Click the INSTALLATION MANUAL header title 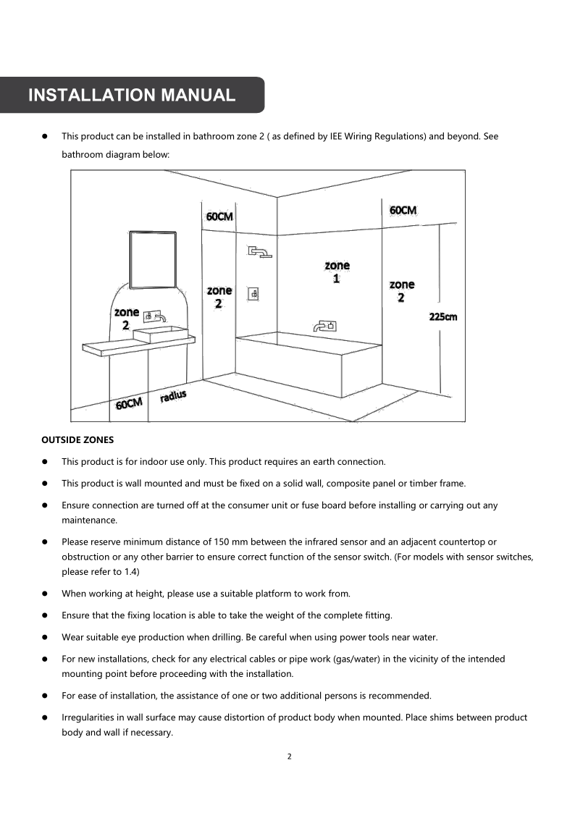pos(131,95)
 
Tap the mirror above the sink pos(153,260)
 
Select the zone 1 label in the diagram pos(337,272)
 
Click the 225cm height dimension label pos(443,316)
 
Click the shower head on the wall pos(259,252)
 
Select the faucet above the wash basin pos(155,316)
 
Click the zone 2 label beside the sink pos(127,319)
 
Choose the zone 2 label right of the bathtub pos(402,291)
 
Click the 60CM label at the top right pos(403,210)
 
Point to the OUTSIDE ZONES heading pos(77,439)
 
